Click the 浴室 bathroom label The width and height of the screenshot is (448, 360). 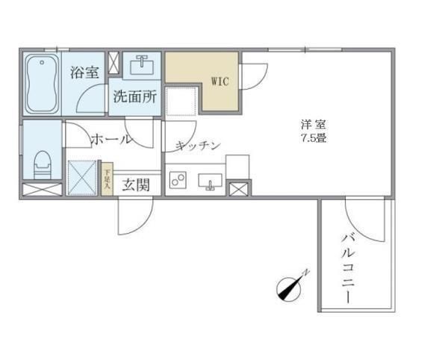coord(84,72)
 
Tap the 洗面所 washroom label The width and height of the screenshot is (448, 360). coord(134,97)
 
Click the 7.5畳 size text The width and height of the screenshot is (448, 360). coord(314,138)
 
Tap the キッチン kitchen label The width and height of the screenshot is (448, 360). coord(198,146)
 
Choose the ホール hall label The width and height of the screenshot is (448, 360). coord(111,139)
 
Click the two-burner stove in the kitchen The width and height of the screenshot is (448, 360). coord(178,180)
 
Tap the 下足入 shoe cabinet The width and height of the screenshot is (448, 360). coord(107,180)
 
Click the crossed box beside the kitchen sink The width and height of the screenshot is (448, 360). coord(240,188)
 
